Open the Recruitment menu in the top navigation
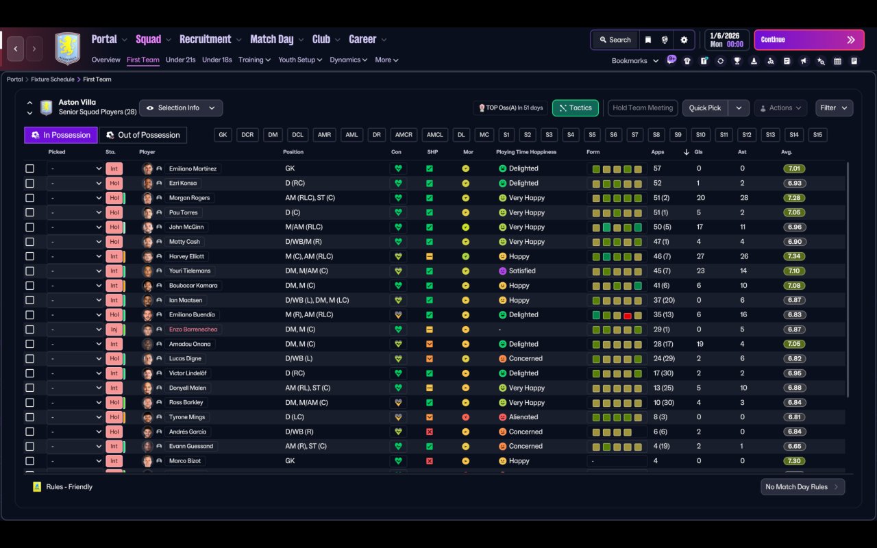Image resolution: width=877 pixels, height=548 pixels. (x=206, y=40)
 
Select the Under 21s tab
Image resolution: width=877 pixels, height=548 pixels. (x=180, y=60)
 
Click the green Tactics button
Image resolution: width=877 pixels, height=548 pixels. (x=575, y=108)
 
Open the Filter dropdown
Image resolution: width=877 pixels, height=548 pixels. (x=834, y=108)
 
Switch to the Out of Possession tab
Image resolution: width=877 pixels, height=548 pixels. (x=143, y=135)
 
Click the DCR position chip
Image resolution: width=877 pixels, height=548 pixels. (x=247, y=135)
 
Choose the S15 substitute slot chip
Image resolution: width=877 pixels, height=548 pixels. (x=817, y=135)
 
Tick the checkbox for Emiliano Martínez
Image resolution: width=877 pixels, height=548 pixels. (x=29, y=169)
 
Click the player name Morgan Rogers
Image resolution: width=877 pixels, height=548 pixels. (x=189, y=198)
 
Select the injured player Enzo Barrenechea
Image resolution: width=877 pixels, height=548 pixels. (x=195, y=329)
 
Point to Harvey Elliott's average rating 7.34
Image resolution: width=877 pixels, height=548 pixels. (x=794, y=256)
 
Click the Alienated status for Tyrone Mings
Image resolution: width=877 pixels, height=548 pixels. (x=523, y=417)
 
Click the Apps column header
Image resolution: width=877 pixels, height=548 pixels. (x=658, y=152)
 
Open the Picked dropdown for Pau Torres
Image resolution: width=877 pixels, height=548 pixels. (x=75, y=212)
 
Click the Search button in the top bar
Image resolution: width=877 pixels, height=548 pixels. (x=614, y=40)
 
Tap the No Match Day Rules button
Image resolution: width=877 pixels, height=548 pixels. (x=802, y=487)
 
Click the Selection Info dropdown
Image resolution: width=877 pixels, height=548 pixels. (x=181, y=108)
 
